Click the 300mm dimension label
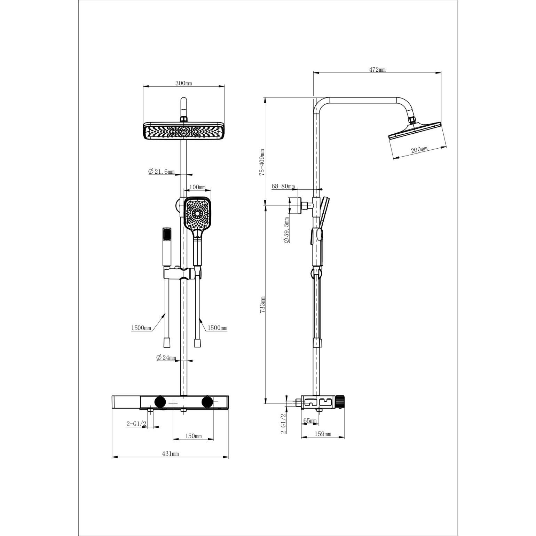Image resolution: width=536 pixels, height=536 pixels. click(183, 83)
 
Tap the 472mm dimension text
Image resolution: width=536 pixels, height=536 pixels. click(377, 69)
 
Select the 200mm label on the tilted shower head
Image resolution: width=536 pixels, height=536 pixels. click(419, 150)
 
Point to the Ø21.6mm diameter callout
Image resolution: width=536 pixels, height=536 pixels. click(161, 172)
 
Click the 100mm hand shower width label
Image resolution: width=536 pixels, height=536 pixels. click(197, 187)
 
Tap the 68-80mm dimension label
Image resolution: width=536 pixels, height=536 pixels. click(283, 187)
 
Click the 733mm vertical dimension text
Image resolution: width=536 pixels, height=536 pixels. click(263, 305)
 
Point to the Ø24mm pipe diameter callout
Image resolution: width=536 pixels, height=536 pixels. click(166, 357)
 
